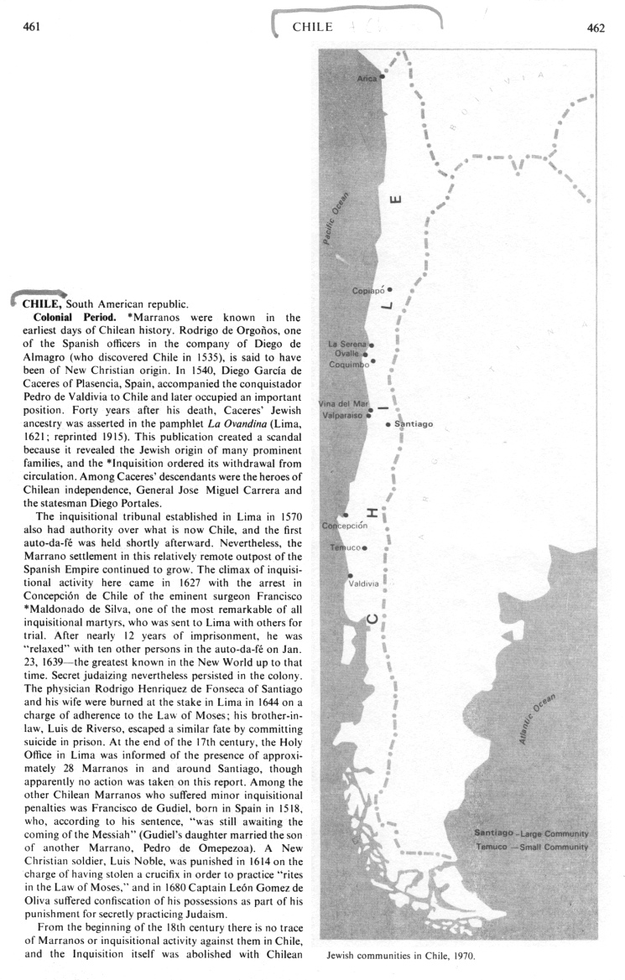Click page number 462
pyautogui.click(x=596, y=28)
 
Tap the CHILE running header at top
pyautogui.click(x=312, y=28)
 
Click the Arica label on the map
pyautogui.click(x=367, y=78)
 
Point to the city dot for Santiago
pyautogui.click(x=387, y=425)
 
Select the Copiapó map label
pyautogui.click(x=368, y=291)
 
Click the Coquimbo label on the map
pyautogui.click(x=349, y=364)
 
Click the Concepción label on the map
pyautogui.click(x=345, y=526)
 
